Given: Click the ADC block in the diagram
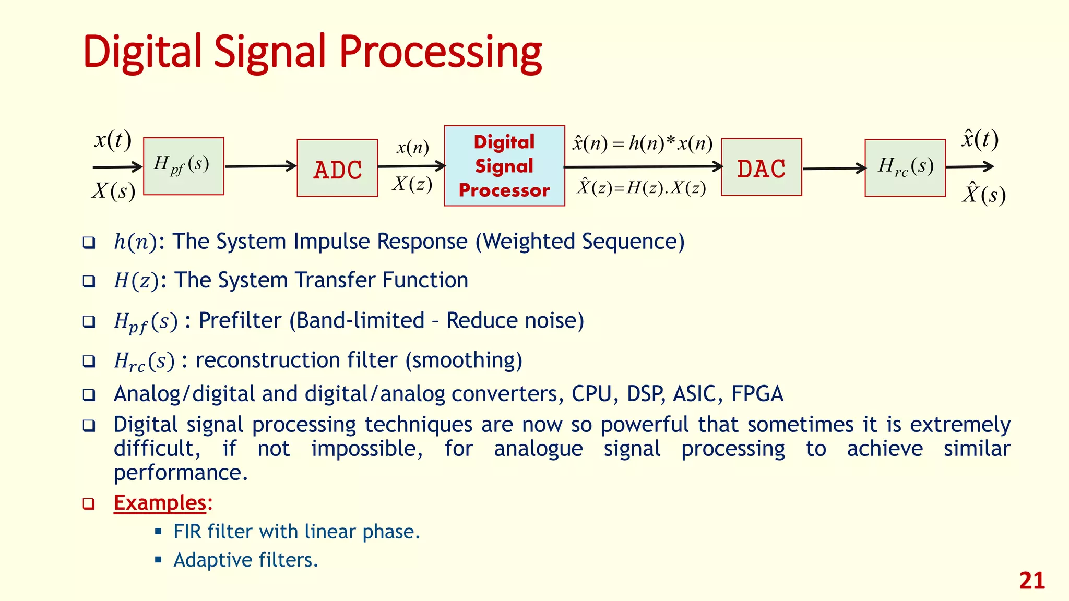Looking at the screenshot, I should pyautogui.click(x=337, y=168).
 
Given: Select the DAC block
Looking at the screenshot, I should pyautogui.click(x=761, y=167).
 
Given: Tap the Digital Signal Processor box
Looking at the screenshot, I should pyautogui.click(x=504, y=166).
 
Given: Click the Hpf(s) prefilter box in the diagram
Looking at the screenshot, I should pyautogui.click(x=183, y=166).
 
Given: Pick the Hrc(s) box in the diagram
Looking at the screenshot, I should pyautogui.click(x=905, y=167).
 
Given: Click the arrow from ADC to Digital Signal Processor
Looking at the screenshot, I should pyautogui.click(x=411, y=166).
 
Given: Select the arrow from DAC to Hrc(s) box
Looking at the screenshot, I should pyautogui.click(x=834, y=169).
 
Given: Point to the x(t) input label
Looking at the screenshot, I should pyautogui.click(x=112, y=140).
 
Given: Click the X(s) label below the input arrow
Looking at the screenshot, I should pyautogui.click(x=113, y=190).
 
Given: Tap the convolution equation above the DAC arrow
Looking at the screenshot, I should pyautogui.click(x=642, y=143).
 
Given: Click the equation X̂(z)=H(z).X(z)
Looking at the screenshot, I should pyautogui.click(x=641, y=187).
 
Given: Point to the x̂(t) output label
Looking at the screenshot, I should pyautogui.click(x=980, y=139).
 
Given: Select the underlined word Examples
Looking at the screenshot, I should pyautogui.click(x=160, y=502).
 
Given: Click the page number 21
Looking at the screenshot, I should pyautogui.click(x=1031, y=581).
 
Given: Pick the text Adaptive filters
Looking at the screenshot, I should pyautogui.click(x=245, y=560).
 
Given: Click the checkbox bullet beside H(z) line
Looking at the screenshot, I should pyautogui.click(x=89, y=281).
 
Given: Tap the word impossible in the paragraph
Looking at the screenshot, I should pyautogui.click(x=366, y=449).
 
